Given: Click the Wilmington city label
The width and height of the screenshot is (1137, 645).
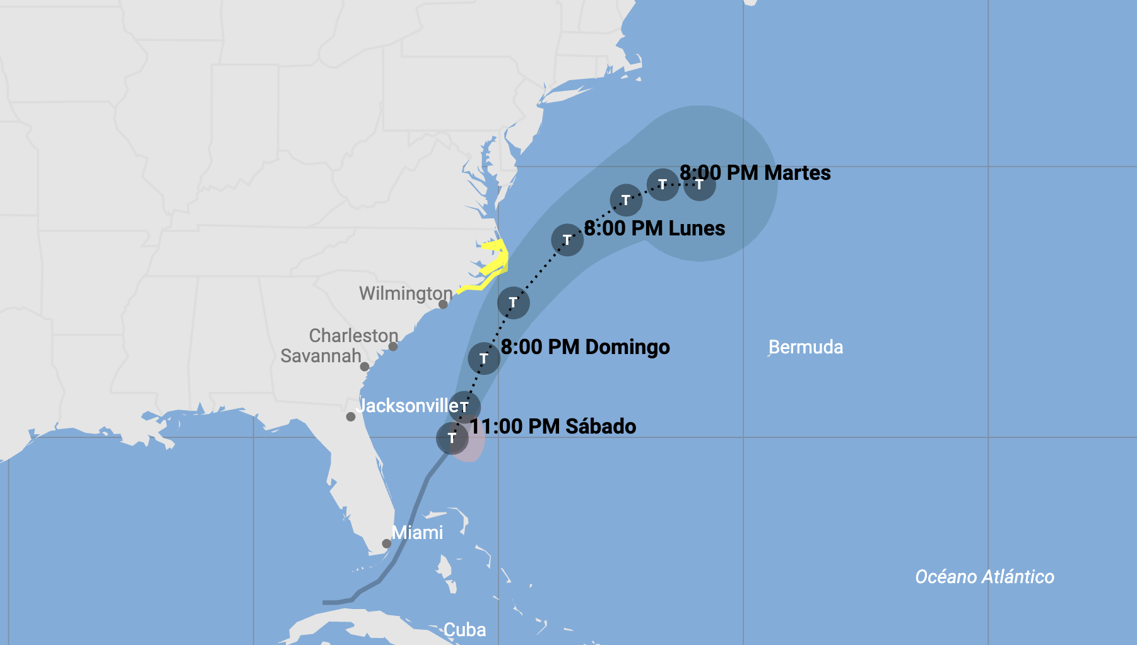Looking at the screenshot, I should (405, 293).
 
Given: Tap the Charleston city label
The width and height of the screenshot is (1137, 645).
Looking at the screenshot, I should (353, 335).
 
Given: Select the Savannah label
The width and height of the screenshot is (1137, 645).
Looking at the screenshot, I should (321, 356).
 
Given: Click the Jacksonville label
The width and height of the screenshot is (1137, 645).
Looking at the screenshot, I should (407, 405).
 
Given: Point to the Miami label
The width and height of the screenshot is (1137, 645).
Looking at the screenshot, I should (417, 533).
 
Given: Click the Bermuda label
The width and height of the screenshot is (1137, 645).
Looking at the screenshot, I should (806, 347).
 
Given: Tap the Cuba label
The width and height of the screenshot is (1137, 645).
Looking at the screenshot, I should (464, 629).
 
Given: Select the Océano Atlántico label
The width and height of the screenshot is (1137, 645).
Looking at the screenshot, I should (984, 577).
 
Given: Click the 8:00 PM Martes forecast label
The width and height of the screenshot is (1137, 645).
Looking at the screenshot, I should (755, 173).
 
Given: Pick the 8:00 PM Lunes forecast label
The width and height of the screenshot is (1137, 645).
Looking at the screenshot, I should (654, 228).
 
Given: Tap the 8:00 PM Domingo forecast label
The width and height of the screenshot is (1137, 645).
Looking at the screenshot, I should (585, 347).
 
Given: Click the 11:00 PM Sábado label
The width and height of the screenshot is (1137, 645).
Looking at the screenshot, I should (553, 427).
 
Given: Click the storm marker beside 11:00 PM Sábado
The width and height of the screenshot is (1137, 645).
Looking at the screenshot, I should (452, 438).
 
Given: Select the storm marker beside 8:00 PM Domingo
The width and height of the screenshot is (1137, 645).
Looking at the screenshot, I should (484, 358).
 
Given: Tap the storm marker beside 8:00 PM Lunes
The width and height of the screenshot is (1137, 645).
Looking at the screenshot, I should (567, 240).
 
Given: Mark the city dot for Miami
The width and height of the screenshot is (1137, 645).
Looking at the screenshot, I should (387, 543).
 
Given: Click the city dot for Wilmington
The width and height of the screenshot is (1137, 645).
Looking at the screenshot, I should (444, 304).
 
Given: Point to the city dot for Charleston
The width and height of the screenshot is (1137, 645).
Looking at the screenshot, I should (393, 346).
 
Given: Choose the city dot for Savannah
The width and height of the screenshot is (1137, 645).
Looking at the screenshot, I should (365, 367).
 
